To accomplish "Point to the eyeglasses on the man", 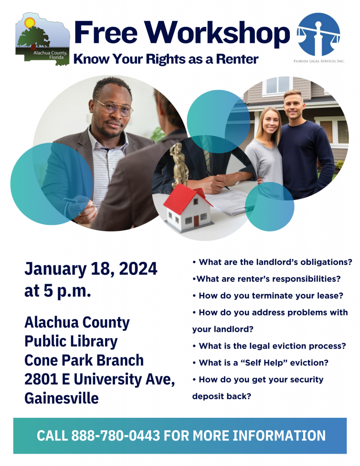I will pos(114,107).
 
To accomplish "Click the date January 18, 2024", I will pos(91,269).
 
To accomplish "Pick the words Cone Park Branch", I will pos(84,360).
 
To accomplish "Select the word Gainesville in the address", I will pos(61,399).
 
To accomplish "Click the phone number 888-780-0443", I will pos(116,436).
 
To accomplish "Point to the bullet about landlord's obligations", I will pos(272,263).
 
